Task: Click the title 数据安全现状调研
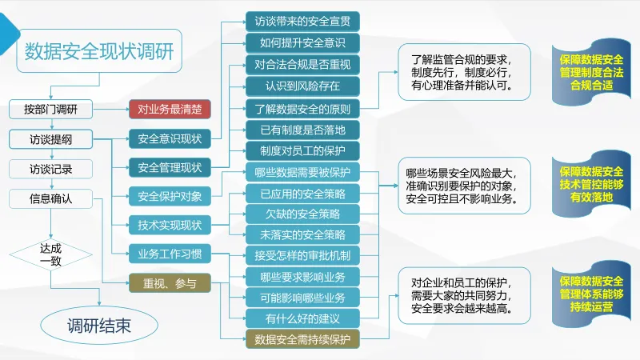[98, 51]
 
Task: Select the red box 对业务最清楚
[170, 110]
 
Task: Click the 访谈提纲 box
[51, 139]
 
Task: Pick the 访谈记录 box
[51, 169]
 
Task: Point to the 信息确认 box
[51, 198]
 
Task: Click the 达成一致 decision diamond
[51, 254]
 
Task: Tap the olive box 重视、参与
[170, 283]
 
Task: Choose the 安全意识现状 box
[170, 138]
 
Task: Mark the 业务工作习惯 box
[170, 254]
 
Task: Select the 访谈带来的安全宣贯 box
[302, 21]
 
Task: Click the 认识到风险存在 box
[302, 85]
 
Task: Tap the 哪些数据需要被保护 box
[302, 171]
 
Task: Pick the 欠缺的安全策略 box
[302, 214]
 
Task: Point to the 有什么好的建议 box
[302, 319]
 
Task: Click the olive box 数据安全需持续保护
[302, 340]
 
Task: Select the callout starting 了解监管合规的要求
[465, 72]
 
